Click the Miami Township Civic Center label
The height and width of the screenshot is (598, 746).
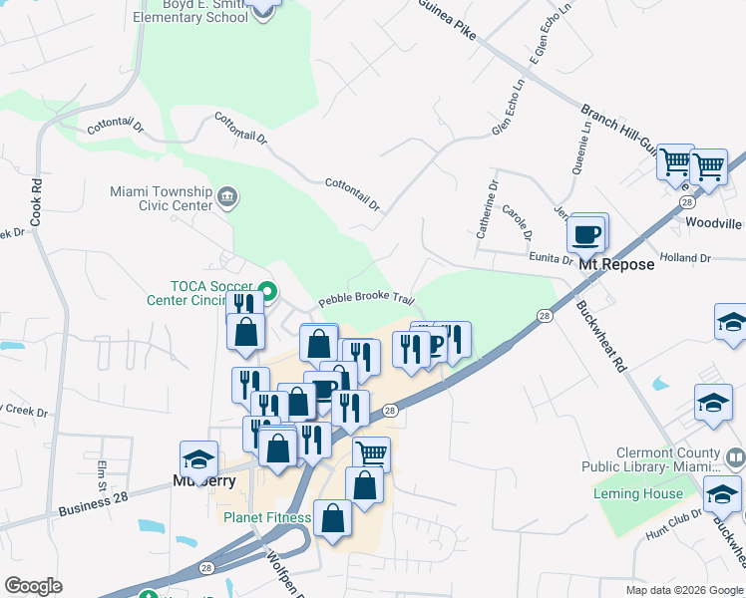161,198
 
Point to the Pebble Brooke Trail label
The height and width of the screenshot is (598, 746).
366,300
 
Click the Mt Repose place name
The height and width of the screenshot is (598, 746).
616,264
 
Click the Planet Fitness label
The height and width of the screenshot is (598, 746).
262,517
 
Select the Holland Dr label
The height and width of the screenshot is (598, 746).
684,258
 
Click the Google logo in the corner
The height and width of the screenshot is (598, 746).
33,585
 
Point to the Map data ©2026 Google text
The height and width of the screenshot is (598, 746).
683,590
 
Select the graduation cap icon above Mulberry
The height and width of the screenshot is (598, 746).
198,460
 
